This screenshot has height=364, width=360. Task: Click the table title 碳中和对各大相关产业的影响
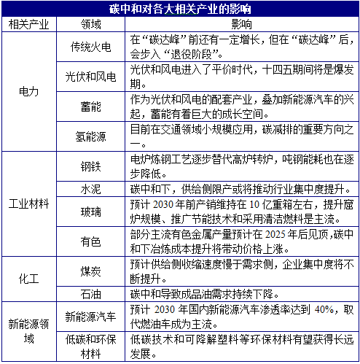coord(179,9)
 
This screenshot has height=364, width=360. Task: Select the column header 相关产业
coord(28,24)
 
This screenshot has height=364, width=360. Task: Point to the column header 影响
coord(241,24)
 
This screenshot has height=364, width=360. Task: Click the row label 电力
coord(28,92)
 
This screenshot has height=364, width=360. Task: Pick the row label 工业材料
coord(28,202)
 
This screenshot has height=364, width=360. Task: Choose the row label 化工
coord(28,277)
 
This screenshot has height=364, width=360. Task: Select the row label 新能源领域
coord(28,330)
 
